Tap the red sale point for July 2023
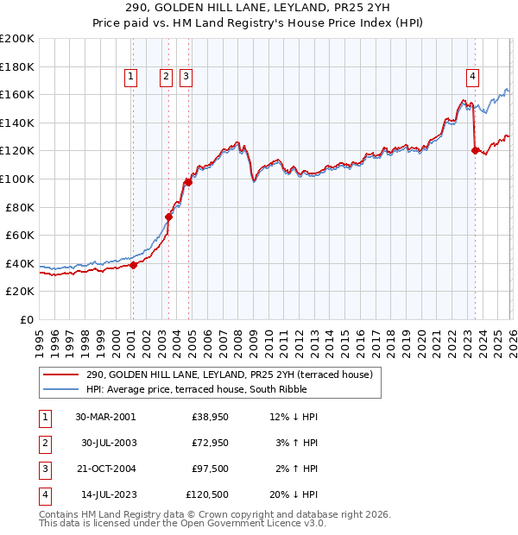pyautogui.click(x=475, y=150)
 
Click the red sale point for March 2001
pyautogui.click(x=133, y=265)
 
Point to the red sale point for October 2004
pyautogui.click(x=187, y=182)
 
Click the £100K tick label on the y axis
pyautogui.click(x=17, y=179)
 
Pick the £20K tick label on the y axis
pyautogui.click(x=20, y=292)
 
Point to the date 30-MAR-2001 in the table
pyautogui.click(x=105, y=416)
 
